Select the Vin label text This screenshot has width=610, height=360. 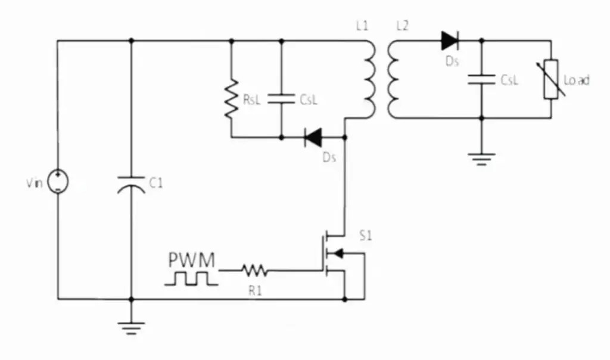[34, 184]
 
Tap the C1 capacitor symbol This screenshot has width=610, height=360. [131, 184]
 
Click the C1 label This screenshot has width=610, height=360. [155, 184]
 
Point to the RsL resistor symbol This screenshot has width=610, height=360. [231, 99]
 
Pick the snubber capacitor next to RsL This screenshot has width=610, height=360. [281, 99]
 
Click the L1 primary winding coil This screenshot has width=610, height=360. [369, 79]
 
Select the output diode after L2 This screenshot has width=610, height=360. [450, 41]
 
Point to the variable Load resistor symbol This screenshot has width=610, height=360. [550, 79]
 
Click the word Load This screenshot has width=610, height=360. [576, 80]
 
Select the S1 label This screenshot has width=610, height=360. [365, 236]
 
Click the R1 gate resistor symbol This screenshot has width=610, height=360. [254, 271]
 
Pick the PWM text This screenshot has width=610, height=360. [191, 260]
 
